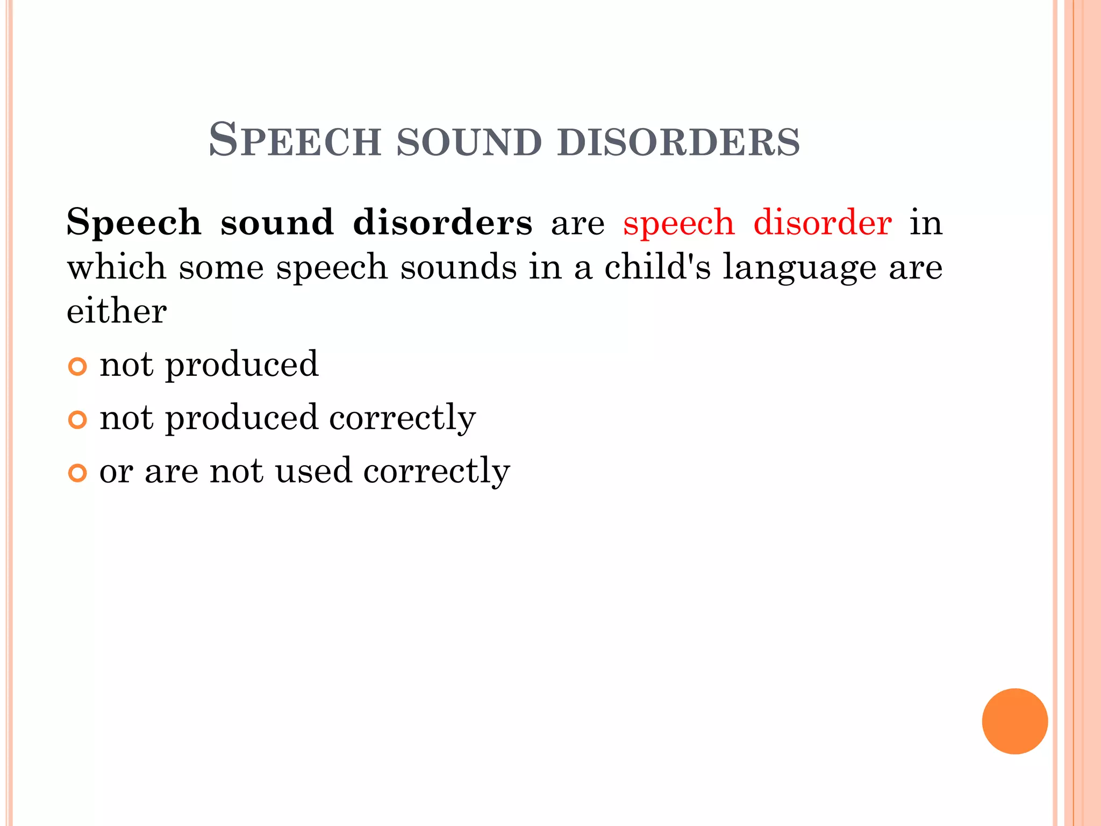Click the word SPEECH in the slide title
tap(295, 141)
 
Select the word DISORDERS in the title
tap(678, 142)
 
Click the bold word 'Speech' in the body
tap(134, 223)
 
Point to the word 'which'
tap(116, 267)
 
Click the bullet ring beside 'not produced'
tap(77, 367)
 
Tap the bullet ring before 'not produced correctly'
tap(77, 419)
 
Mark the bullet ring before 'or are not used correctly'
tap(77, 473)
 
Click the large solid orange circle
tap(1014, 721)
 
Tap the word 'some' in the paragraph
tap(221, 268)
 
